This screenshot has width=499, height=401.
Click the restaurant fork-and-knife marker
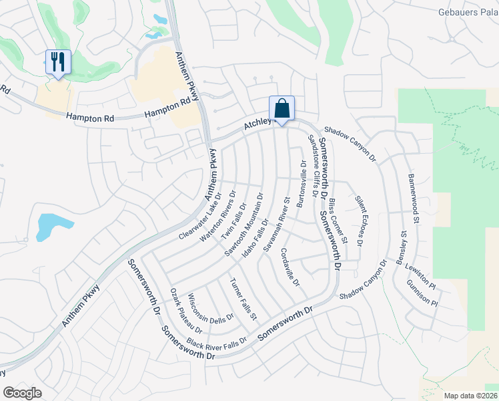tap(57, 62)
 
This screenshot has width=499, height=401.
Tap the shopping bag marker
tap(282, 108)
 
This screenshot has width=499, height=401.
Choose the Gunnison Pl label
tap(422, 292)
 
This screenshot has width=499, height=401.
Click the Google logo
tap(23, 393)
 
